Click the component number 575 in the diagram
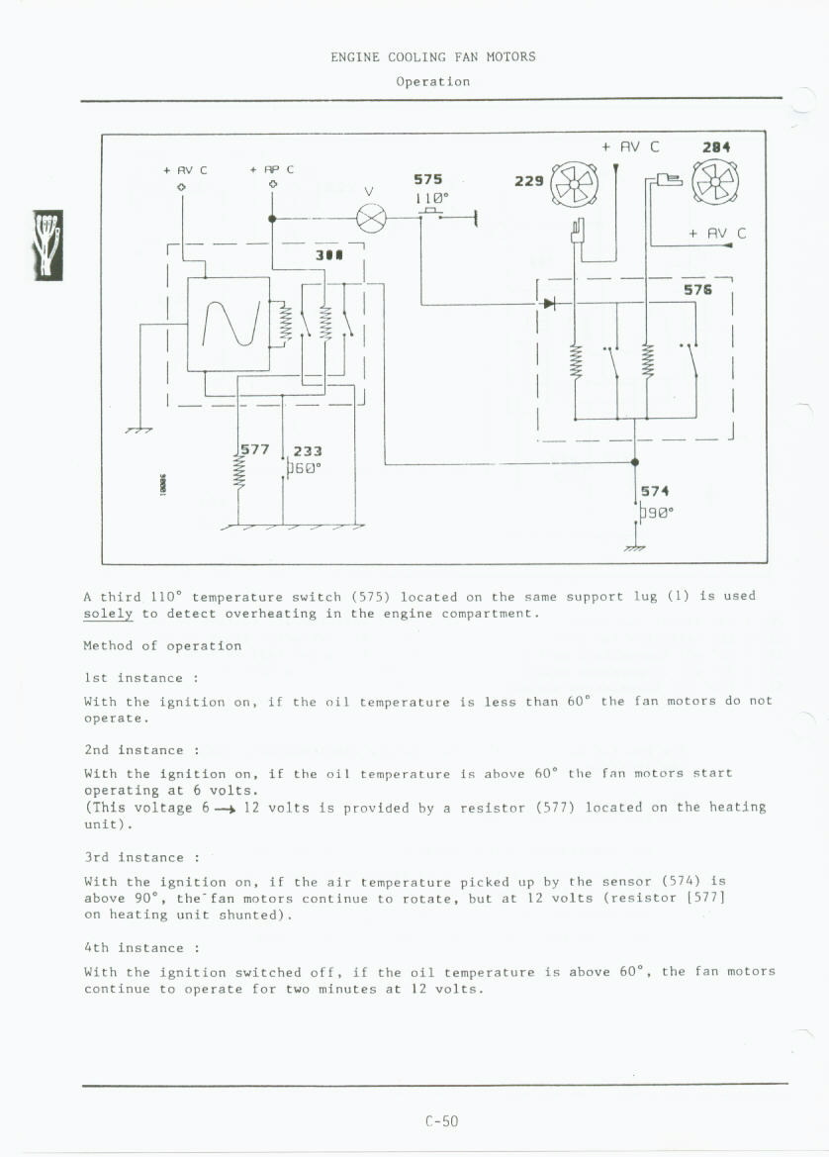coord(427,179)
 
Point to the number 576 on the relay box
coord(698,290)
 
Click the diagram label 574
coord(655,491)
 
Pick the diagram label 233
coord(308,450)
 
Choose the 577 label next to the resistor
coord(255,448)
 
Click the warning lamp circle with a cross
coord(371,218)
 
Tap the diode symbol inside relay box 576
coord(549,303)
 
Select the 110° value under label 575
coord(431,196)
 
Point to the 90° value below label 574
coord(657,513)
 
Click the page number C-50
coord(441,1121)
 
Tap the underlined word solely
coord(108,614)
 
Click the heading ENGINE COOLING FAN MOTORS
coord(432,57)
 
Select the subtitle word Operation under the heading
coord(432,81)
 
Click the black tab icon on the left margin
coord(47,245)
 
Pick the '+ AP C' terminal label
coord(272,170)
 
